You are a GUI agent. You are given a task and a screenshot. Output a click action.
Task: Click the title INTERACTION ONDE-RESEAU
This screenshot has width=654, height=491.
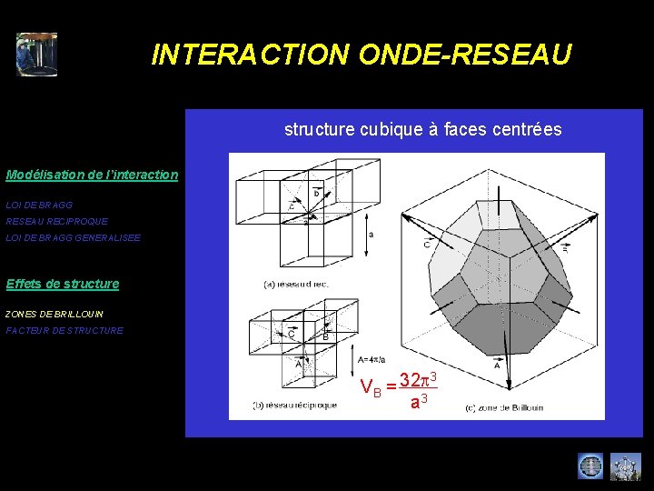point(361,55)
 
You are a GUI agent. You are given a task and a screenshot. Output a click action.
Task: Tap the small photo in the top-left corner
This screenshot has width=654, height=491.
point(36,55)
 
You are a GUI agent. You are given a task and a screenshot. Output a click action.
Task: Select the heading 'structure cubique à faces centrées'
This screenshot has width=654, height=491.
point(422,129)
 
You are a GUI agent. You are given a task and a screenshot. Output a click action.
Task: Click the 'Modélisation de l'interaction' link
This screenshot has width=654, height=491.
point(92,175)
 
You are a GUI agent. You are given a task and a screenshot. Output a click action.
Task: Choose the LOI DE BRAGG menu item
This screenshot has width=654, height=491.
point(39,205)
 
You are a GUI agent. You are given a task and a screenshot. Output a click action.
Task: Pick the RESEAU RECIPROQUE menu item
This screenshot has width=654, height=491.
point(56,222)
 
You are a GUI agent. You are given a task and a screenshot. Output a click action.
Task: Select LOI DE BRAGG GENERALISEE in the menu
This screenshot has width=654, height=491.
point(74,238)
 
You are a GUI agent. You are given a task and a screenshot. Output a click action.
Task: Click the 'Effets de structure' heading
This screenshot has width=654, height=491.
point(62,284)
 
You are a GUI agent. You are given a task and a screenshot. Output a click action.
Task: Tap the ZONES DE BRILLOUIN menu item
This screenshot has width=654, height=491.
point(54,315)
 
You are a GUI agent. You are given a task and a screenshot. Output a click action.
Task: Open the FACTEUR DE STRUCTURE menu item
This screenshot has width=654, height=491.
point(64,331)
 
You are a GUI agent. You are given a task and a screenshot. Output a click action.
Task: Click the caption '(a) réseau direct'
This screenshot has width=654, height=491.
point(295,285)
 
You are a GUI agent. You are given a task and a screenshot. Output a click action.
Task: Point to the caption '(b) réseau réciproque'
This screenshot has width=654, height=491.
point(295,405)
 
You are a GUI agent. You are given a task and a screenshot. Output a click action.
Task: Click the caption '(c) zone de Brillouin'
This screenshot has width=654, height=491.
point(504,407)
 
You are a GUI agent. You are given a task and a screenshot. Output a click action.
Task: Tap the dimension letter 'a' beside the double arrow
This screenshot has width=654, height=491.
point(371,234)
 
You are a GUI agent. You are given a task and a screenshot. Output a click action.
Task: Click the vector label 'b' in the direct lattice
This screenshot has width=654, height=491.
point(316,194)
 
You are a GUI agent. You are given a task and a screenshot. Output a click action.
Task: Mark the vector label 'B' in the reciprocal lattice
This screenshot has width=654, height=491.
point(325,336)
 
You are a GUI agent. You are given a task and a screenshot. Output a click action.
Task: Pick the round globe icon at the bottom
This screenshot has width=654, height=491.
point(590,466)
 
